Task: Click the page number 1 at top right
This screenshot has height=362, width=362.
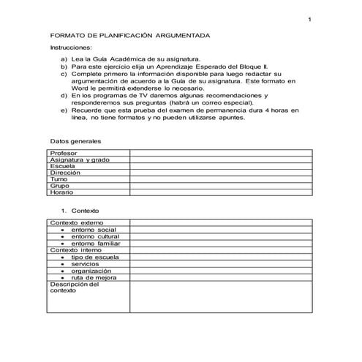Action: pos(310,20)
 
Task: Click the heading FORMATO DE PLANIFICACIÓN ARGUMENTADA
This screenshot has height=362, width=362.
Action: pos(130,35)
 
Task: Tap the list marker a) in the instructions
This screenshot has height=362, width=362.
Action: pos(64,59)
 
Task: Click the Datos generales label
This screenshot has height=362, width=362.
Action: pos(75,140)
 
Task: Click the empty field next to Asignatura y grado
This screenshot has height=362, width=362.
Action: pos(221,159)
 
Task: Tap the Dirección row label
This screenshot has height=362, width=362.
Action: pos(65,173)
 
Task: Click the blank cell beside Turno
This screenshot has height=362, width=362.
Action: pos(221,179)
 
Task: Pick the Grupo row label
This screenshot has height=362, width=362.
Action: pos(60,186)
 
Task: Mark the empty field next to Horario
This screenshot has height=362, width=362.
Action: pos(221,192)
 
